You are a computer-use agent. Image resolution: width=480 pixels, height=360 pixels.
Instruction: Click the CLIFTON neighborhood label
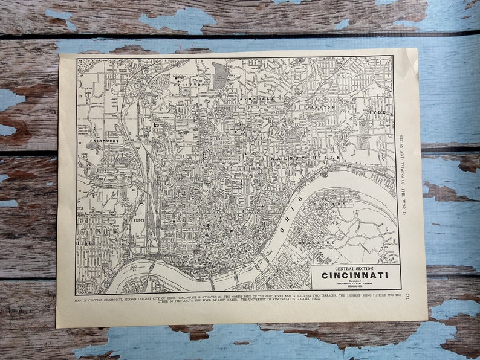(x=192, y=86)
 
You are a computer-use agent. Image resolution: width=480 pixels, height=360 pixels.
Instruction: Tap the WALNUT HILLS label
(x=298, y=157)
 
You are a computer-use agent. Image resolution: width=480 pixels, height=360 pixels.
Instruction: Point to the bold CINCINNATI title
(x=355, y=276)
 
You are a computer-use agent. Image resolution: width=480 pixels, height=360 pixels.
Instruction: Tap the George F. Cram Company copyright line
(x=355, y=285)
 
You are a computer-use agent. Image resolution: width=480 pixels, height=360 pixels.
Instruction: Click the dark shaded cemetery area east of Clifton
(x=220, y=76)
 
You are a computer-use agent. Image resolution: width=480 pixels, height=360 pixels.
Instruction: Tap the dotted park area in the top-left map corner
(x=88, y=65)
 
